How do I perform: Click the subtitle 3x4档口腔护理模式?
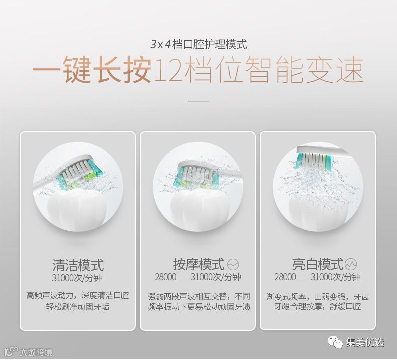198,44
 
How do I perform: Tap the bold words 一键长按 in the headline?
92,69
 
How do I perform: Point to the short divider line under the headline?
198,102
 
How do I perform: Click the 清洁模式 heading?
78,265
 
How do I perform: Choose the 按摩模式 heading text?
199,264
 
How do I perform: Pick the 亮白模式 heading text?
318,264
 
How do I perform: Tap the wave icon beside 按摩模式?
233,265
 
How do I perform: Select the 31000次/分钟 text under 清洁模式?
77,278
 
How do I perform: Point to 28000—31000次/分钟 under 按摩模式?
198,277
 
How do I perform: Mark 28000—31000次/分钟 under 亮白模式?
317,277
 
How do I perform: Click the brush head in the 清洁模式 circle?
78,172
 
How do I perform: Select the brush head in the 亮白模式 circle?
314,158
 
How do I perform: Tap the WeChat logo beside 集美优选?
335,342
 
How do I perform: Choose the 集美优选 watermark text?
365,343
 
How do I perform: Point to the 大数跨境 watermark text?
36,352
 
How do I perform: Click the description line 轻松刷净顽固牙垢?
77,307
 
